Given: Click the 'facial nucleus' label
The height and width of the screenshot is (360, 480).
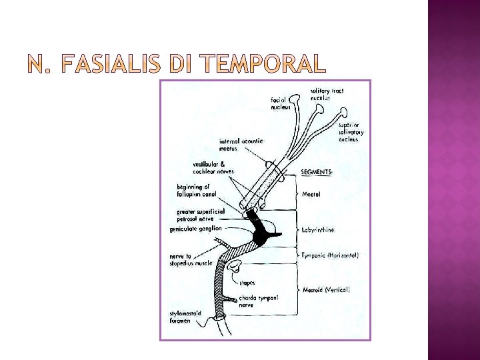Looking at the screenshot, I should [x=281, y=103].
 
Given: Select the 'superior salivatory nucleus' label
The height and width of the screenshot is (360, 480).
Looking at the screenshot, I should [x=351, y=132].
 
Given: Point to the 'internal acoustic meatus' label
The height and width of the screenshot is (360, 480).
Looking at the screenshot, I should [x=243, y=145].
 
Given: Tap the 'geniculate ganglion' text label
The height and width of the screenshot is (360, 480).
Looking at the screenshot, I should [x=195, y=228].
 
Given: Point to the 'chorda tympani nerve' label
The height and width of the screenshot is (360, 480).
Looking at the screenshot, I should [x=259, y=301].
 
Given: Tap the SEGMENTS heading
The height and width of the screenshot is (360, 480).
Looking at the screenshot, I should [x=316, y=172].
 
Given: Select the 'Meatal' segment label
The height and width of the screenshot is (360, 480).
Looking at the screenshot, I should [x=311, y=195].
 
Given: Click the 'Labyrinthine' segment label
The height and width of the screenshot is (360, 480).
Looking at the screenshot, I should [x=323, y=229].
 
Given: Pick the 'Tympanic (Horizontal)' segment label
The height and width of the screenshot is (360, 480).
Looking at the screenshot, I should [x=330, y=255].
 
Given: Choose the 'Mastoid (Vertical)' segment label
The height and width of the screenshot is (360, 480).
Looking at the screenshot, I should [x=326, y=290].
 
